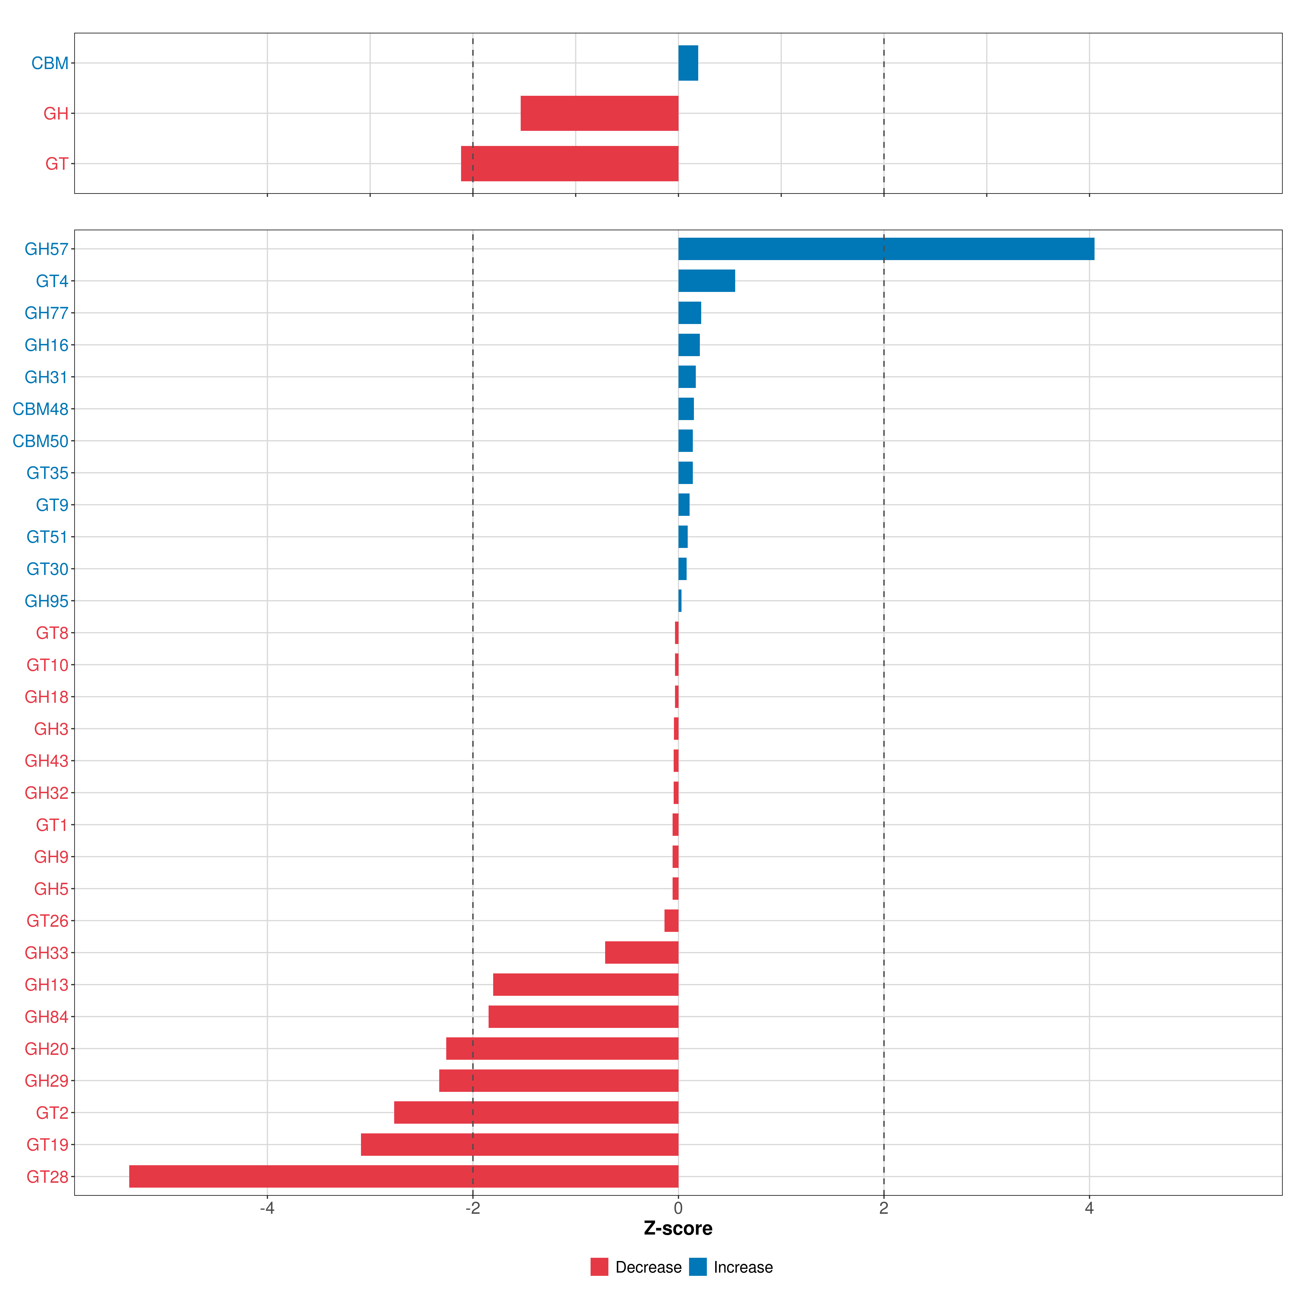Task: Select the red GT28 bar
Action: click(x=404, y=1176)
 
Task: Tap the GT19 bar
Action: click(x=519, y=1144)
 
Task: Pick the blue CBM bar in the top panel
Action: click(x=688, y=63)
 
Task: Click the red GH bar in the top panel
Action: click(x=599, y=113)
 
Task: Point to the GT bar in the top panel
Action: click(x=570, y=163)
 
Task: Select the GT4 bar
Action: click(x=707, y=281)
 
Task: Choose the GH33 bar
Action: click(x=642, y=952)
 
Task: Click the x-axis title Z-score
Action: click(x=678, y=1228)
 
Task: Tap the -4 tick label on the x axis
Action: click(x=267, y=1209)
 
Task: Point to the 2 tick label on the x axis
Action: click(x=884, y=1209)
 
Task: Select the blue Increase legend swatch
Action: click(x=698, y=1267)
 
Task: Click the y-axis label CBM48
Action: click(x=40, y=409)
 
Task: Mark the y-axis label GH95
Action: click(x=46, y=601)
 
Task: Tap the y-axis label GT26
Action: click(x=47, y=921)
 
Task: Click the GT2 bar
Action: click(x=536, y=1113)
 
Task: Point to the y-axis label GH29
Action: click(x=46, y=1081)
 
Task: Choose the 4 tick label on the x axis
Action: click(x=1089, y=1209)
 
